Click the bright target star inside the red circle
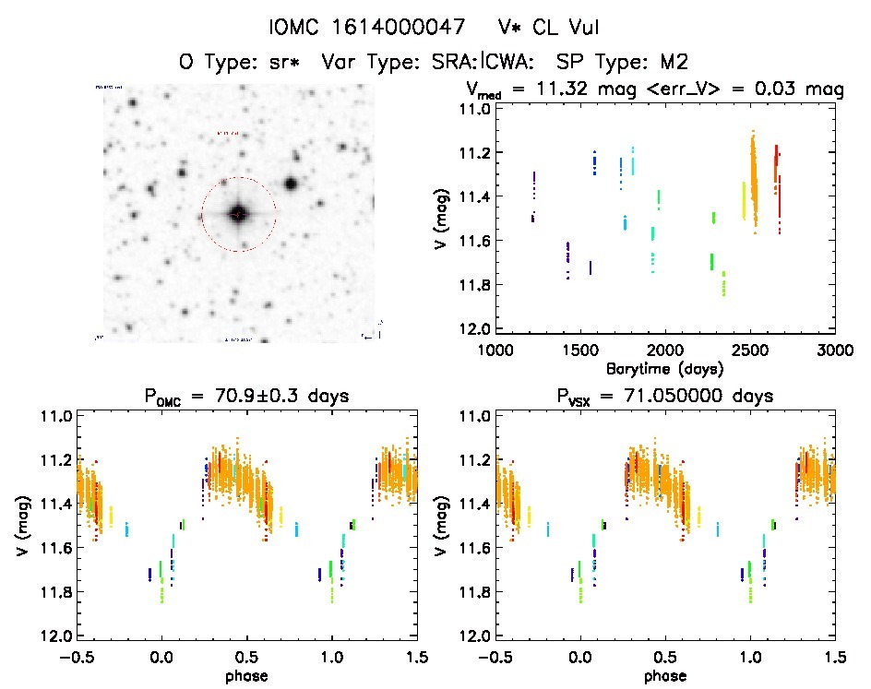click(x=238, y=214)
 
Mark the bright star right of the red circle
click(x=291, y=184)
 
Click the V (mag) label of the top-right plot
click(x=442, y=219)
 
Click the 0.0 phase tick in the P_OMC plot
click(x=161, y=657)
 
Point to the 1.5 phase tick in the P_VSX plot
click(x=834, y=657)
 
